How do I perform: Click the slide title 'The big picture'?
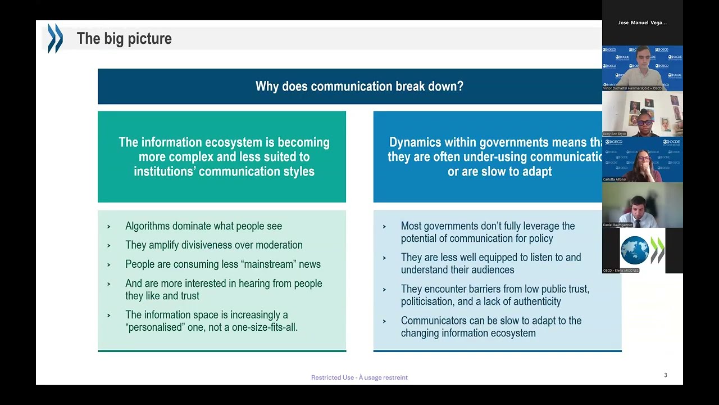(x=124, y=39)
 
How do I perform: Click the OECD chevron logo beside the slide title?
(x=55, y=38)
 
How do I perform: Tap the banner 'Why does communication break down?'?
(x=359, y=87)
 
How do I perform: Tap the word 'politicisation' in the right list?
(x=427, y=301)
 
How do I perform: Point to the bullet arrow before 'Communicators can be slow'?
(x=384, y=321)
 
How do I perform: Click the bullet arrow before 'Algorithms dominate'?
(x=108, y=227)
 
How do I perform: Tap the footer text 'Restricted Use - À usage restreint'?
(x=359, y=377)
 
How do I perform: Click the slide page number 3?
(x=666, y=375)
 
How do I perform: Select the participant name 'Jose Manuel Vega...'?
(x=642, y=23)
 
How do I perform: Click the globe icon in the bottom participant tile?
(x=634, y=250)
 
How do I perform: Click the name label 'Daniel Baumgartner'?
(x=618, y=225)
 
